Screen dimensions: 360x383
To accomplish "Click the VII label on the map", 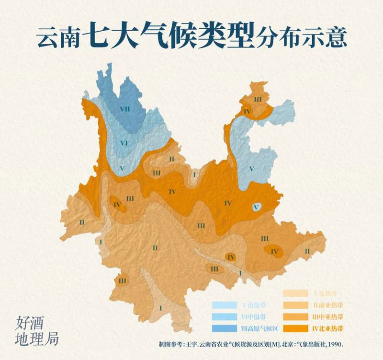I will (x=125, y=109).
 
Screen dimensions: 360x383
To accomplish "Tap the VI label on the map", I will (x=124, y=142).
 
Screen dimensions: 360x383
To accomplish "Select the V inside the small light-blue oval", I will (x=257, y=207).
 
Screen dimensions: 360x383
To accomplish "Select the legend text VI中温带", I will (x=254, y=317).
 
